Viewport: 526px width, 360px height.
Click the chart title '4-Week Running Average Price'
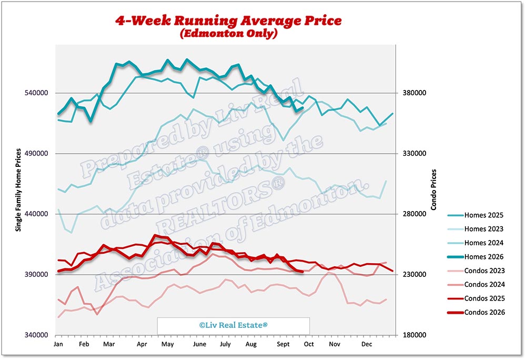[228, 21]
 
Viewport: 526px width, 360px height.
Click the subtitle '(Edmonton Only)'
[229, 33]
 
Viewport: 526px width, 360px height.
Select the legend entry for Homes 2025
[476, 215]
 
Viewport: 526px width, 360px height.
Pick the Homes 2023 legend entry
[476, 229]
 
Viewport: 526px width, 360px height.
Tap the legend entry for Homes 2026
[476, 257]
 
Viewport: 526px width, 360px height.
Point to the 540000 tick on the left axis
[36, 93]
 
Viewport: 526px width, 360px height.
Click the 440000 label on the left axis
[36, 214]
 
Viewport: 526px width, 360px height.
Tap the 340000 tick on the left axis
[36, 335]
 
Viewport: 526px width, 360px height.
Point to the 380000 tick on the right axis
[414, 93]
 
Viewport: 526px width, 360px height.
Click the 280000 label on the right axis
[414, 214]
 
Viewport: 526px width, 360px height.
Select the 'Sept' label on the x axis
[283, 344]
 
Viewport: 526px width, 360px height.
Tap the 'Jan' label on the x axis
[58, 344]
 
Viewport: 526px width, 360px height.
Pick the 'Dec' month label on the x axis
[367, 344]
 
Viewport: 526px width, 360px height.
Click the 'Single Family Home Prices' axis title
[18, 190]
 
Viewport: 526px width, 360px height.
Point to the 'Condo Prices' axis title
[434, 189]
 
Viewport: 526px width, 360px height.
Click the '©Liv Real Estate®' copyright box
[234, 325]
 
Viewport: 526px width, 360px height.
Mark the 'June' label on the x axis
[199, 344]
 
